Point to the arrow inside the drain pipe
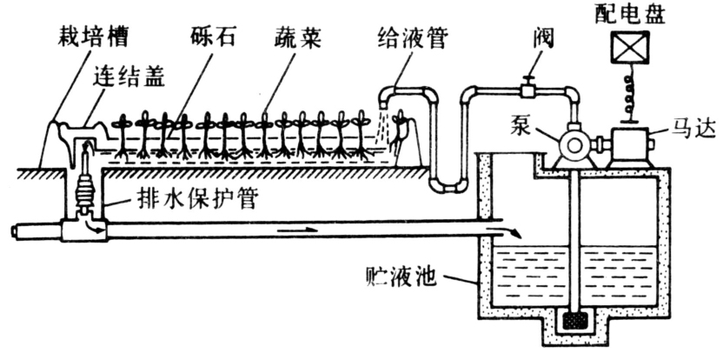pyautogui.click(x=295, y=230)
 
